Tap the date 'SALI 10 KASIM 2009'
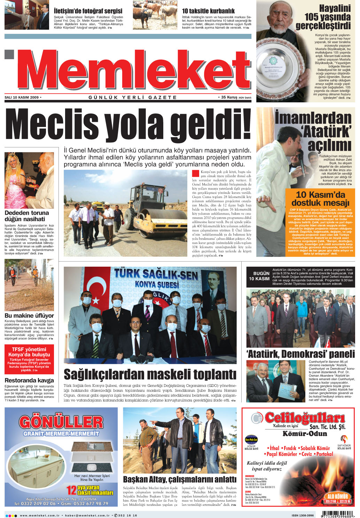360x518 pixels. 22,97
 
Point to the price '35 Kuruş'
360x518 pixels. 230,97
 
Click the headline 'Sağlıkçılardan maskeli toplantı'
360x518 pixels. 150,375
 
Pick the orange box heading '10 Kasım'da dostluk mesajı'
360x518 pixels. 320,198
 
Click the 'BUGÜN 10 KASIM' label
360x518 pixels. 259,276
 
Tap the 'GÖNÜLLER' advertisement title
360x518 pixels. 61,422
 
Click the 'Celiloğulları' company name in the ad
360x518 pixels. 305,417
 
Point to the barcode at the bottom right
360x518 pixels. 337,514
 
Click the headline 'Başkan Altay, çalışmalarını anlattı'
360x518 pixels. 180,479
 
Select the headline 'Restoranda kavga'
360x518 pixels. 29,380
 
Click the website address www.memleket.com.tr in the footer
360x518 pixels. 40,516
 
